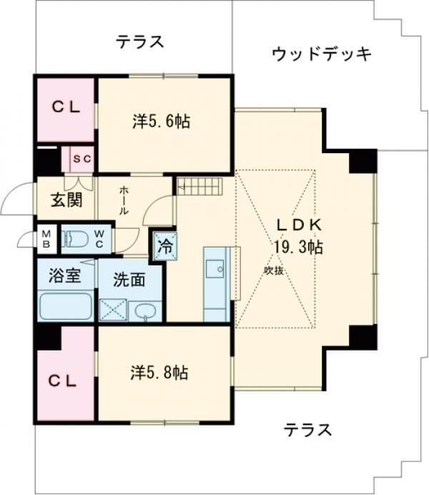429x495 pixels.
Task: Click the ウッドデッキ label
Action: [x=322, y=54]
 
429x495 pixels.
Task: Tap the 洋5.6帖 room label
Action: [x=161, y=121]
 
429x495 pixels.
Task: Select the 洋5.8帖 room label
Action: [x=159, y=373]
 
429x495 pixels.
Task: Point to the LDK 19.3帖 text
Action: [x=298, y=236]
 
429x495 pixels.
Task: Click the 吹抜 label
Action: [x=273, y=270]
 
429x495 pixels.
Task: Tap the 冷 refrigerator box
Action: [x=165, y=246]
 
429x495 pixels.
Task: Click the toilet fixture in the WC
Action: [x=75, y=238]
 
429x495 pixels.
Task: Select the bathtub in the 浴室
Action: [x=66, y=306]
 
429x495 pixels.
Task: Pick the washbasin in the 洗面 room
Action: [x=145, y=311]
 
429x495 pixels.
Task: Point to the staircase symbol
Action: [x=200, y=186]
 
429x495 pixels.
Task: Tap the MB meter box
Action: [x=46, y=239]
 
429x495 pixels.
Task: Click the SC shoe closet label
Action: [x=82, y=159]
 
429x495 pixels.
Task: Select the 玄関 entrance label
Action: [x=66, y=200]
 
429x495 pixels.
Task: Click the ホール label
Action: [x=124, y=201]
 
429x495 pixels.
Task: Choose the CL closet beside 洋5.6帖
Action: [x=66, y=109]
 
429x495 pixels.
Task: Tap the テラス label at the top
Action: [x=140, y=41]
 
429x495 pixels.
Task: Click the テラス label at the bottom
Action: [x=308, y=430]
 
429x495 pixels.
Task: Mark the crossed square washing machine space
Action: [x=113, y=310]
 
